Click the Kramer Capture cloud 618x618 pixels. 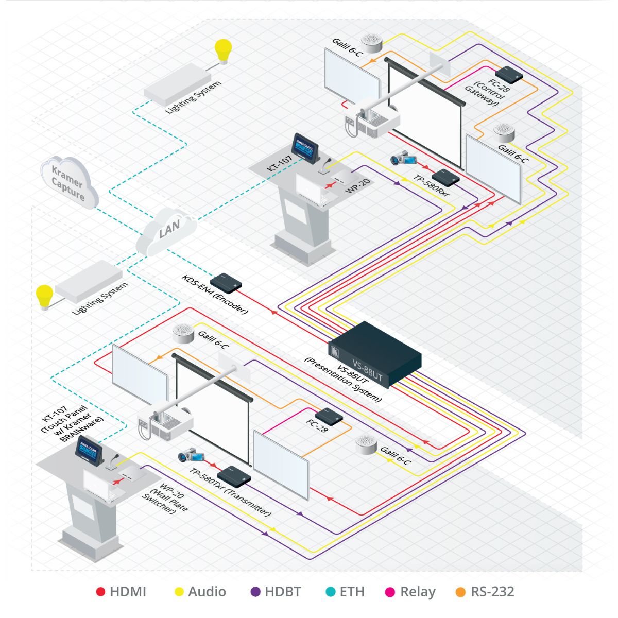(x=69, y=182)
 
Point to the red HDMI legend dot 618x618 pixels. (x=101, y=592)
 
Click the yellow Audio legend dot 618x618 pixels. (x=179, y=592)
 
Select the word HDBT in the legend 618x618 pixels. (x=283, y=592)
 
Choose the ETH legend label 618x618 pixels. (x=352, y=592)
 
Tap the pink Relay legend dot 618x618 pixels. (x=390, y=592)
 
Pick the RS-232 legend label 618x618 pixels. (x=492, y=592)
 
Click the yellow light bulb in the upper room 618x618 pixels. (x=223, y=50)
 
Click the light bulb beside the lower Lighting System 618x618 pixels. (x=44, y=297)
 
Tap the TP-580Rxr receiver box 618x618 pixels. (x=445, y=177)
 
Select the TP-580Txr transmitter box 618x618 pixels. (x=234, y=475)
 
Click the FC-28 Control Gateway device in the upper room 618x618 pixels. (x=509, y=74)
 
